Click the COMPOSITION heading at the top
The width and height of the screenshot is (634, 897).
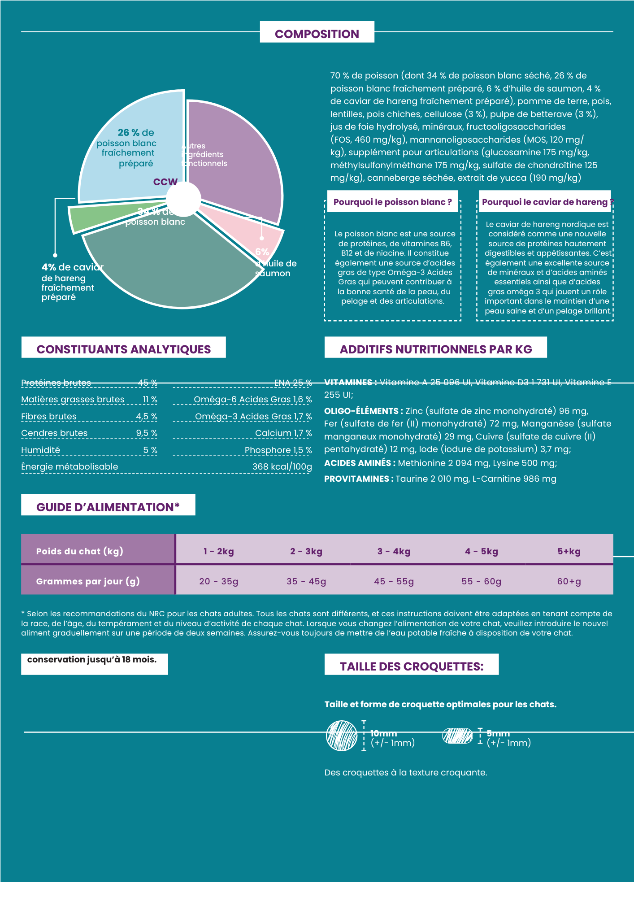[x=317, y=34]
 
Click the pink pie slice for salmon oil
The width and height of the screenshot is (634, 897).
[x=251, y=233]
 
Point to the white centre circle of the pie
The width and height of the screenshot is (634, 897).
[x=183, y=199]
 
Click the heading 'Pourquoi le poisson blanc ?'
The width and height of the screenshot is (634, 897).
[x=392, y=202]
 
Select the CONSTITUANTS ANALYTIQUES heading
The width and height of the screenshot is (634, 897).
[x=123, y=349]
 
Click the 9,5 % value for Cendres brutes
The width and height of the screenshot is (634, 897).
[x=147, y=433]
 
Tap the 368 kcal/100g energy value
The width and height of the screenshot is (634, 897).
[x=282, y=467]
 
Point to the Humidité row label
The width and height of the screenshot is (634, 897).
[x=41, y=450]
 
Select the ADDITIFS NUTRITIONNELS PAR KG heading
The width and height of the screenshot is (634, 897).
[x=435, y=349]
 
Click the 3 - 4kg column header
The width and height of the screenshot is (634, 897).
[x=394, y=552]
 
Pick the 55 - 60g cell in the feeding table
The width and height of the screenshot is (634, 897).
[x=481, y=582]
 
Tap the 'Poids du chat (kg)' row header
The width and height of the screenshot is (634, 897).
[x=80, y=552]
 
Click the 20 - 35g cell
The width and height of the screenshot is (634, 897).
[x=219, y=582]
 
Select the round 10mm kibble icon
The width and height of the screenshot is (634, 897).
[x=342, y=736]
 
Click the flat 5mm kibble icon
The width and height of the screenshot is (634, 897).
[x=457, y=736]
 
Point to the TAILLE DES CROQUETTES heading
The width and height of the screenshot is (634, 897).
[x=411, y=666]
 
